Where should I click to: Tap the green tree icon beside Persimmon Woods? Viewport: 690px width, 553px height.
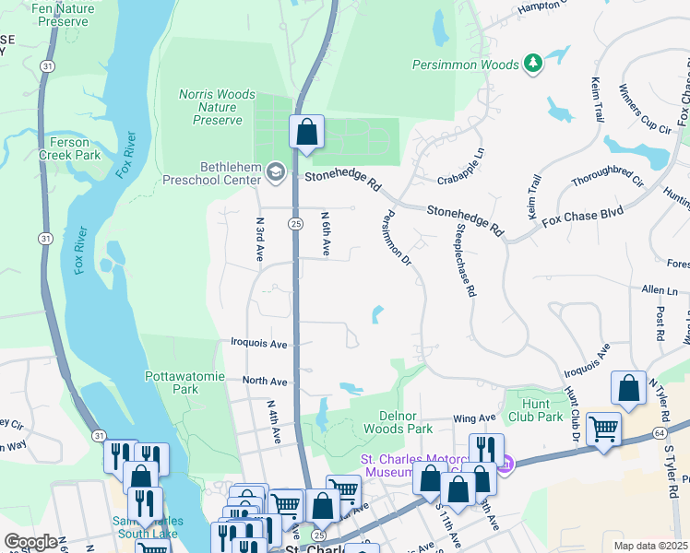click(x=532, y=63)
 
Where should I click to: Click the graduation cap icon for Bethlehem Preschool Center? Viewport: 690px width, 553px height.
click(x=275, y=171)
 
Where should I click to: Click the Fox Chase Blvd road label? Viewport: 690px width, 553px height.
click(x=582, y=218)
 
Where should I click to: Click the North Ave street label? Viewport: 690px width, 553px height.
click(x=265, y=381)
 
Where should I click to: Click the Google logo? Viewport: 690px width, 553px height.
click(x=30, y=541)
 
